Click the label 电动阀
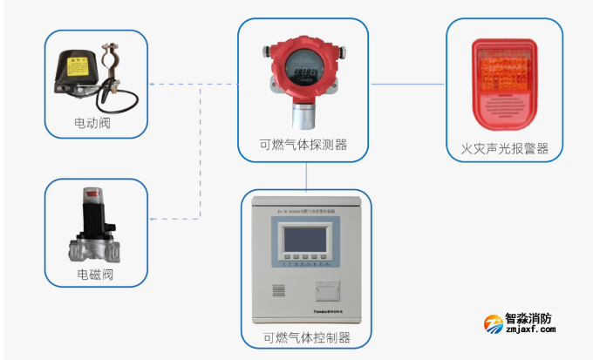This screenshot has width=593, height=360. pyautogui.click(x=98, y=125)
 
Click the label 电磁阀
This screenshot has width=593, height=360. pyautogui.click(x=96, y=277)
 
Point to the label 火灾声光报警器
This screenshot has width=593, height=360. pyautogui.click(x=505, y=148)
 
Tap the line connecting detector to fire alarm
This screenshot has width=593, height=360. pyautogui.click(x=408, y=85)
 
